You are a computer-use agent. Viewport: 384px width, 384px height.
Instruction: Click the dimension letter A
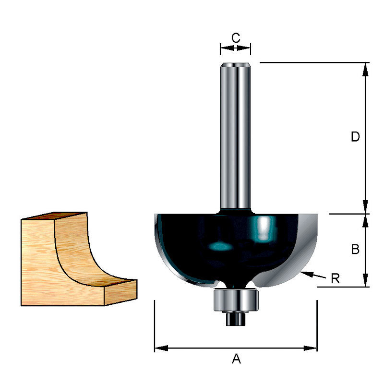236,359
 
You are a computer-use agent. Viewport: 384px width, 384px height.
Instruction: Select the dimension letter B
355,249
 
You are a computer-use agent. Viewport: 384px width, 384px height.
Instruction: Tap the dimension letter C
236,38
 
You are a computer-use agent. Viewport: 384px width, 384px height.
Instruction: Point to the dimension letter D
355,136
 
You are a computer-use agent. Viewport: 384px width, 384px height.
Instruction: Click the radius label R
335,278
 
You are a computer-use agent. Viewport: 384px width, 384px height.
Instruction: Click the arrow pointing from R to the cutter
313,275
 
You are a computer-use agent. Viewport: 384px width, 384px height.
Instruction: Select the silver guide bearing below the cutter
236,300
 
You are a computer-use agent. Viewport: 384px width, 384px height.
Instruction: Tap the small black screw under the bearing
235,319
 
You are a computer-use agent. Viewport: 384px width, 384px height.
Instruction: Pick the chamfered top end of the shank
236,65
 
